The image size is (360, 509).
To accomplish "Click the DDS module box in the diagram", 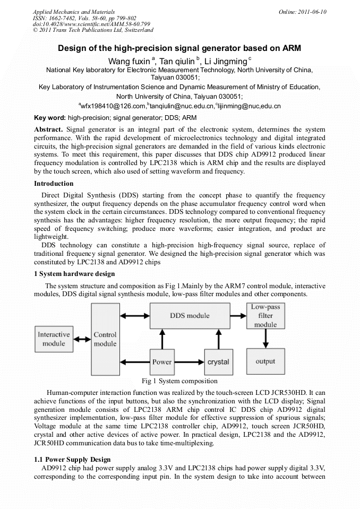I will [x=190, y=316].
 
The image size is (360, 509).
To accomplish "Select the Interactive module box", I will [x=54, y=339].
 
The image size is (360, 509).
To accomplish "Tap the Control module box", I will [x=105, y=339].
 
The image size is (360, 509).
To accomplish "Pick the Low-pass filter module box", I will [x=265, y=316].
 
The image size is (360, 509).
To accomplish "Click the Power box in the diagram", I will [x=162, y=361].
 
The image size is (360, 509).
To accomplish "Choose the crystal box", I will [x=218, y=361].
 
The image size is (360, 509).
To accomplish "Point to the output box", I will [x=265, y=361].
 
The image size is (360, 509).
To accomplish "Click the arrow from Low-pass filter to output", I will [x=265, y=339].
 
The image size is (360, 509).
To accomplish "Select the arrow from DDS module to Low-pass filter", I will [x=238, y=315].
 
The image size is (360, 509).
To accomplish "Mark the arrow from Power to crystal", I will [x=190, y=361].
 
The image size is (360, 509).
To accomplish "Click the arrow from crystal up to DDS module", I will [x=218, y=340].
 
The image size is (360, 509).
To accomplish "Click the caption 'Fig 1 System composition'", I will [x=180, y=381].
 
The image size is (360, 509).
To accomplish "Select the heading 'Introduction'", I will [x=54, y=183].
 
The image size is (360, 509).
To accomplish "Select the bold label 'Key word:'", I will [x=50, y=117].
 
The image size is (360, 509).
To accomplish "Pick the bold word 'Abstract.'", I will [x=49, y=130].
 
